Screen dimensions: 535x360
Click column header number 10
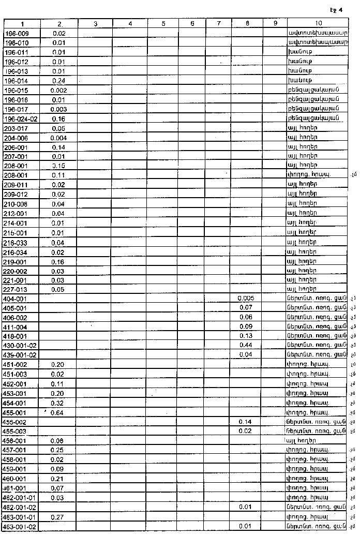click(x=318, y=24)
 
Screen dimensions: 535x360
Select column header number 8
click(x=247, y=24)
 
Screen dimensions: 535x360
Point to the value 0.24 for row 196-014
click(x=58, y=81)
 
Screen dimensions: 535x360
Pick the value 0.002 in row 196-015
click(x=58, y=90)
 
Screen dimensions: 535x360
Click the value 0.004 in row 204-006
click(x=58, y=138)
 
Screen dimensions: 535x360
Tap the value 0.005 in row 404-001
click(x=246, y=299)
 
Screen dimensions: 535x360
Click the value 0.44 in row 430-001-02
click(x=246, y=345)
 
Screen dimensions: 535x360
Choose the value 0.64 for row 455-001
click(x=58, y=412)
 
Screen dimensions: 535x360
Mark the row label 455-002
click(x=16, y=422)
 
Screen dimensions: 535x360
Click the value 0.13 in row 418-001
click(x=246, y=336)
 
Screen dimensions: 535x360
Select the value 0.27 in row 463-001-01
click(x=58, y=516)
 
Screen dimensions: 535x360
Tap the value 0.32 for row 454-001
click(x=58, y=403)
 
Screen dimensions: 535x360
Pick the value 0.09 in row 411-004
click(x=246, y=326)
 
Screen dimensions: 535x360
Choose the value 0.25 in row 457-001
click(x=58, y=450)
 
